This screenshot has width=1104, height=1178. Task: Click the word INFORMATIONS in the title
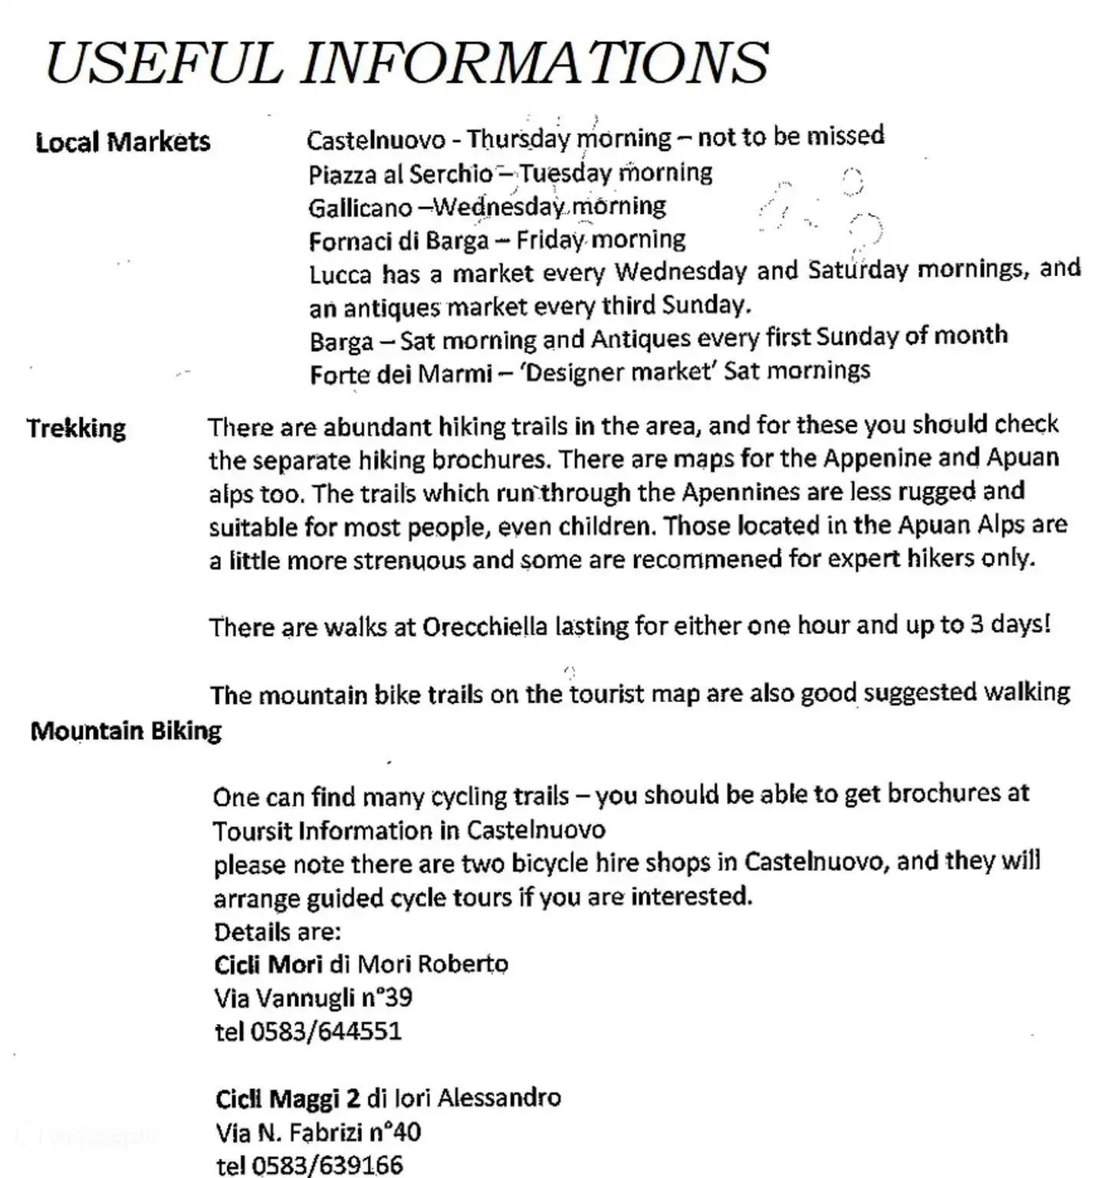(534, 63)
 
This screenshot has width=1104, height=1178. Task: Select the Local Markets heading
(123, 143)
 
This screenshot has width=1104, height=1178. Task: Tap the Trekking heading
(76, 428)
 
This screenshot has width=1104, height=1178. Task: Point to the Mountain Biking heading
(126, 731)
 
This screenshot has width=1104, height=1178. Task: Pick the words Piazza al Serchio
(400, 175)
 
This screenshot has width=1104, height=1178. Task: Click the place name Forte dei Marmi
(401, 374)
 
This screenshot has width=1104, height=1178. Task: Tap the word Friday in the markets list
(550, 241)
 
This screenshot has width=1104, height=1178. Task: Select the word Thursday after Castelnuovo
(518, 139)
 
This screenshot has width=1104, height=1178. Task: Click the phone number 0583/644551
(326, 1032)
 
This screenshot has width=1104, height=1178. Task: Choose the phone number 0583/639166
(327, 1166)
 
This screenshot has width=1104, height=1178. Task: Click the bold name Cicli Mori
(268, 964)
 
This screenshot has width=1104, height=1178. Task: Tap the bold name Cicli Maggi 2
(287, 1099)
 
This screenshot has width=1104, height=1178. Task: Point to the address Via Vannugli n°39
(313, 998)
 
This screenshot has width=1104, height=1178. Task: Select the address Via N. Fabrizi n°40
(318, 1133)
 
